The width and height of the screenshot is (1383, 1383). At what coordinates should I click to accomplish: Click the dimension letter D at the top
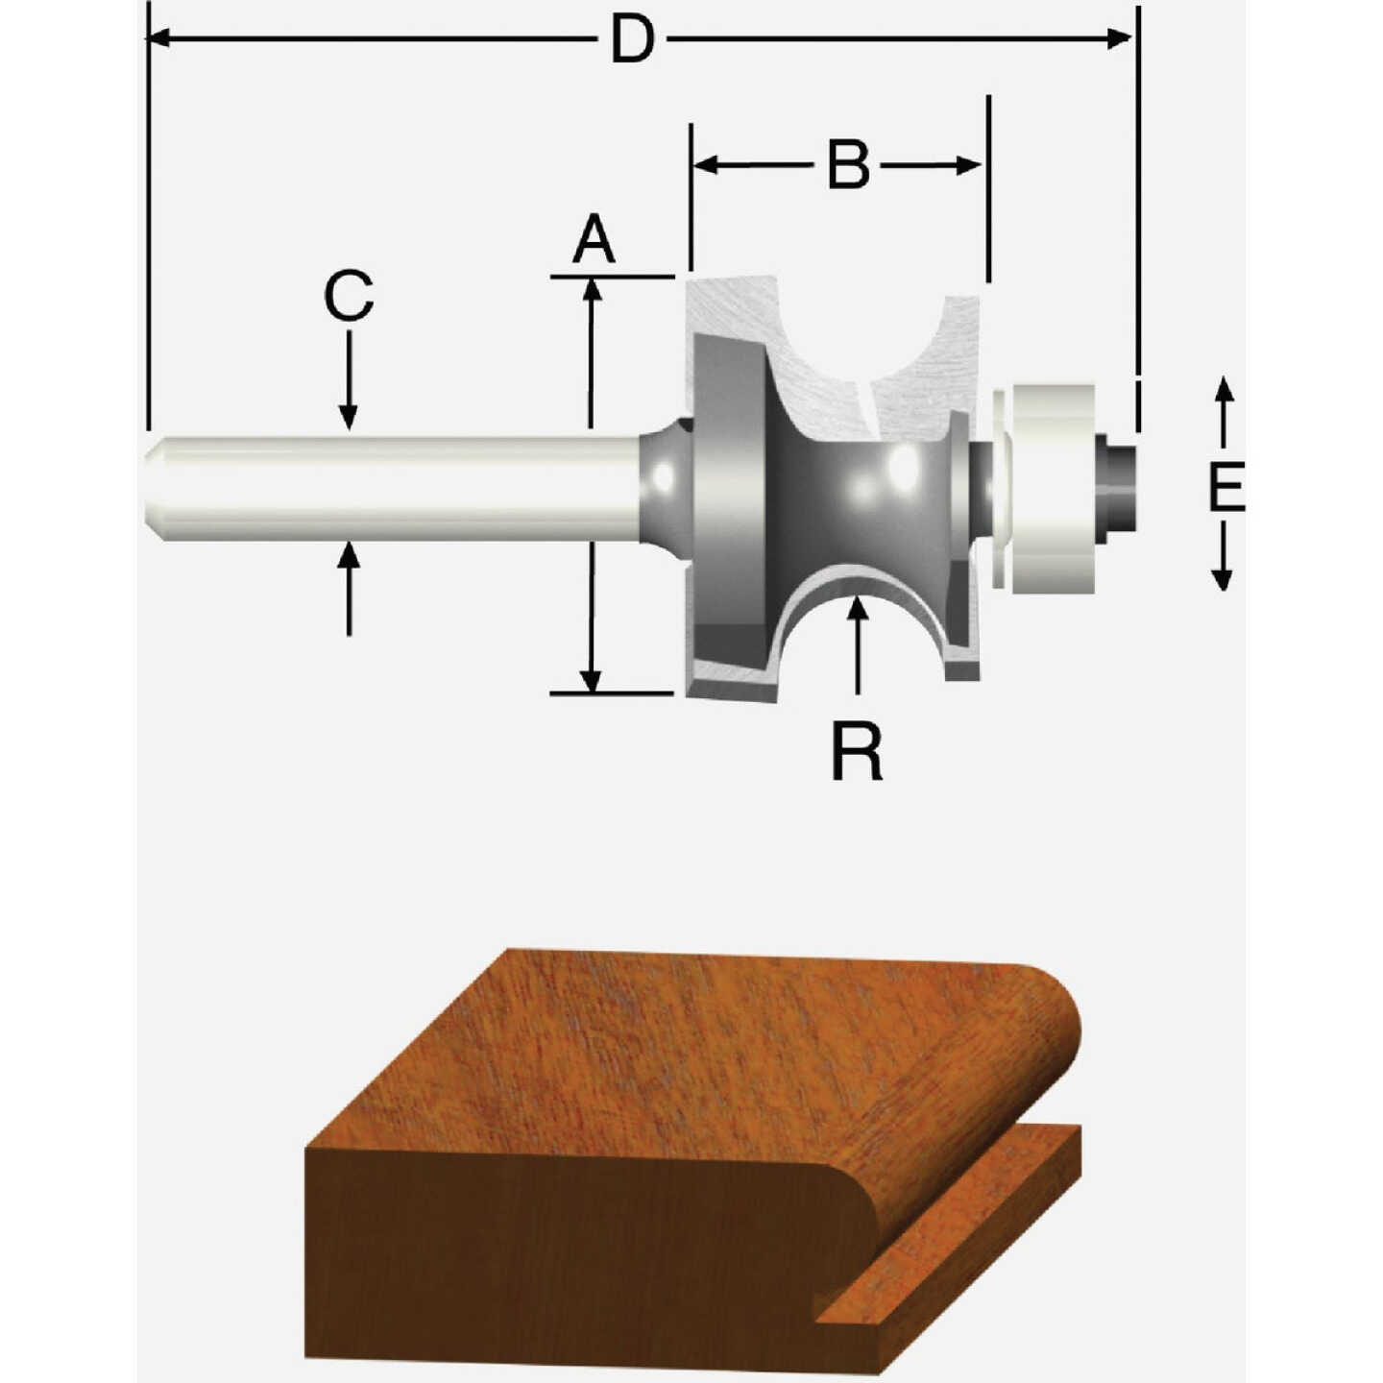coord(633,40)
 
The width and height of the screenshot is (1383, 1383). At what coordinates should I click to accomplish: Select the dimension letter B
coord(849,165)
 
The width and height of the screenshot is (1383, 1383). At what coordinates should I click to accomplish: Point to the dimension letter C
coord(348,296)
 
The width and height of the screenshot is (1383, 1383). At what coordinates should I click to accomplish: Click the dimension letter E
coord(1225,487)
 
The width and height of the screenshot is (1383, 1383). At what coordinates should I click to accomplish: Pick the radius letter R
coord(857,754)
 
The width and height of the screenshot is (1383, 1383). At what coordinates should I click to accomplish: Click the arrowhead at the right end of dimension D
coord(1120,38)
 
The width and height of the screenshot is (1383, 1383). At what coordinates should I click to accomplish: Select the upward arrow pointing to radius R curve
coord(858,609)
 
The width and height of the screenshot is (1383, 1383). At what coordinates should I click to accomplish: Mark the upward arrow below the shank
coord(349,555)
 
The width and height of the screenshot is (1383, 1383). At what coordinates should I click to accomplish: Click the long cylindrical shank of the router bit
coord(394,488)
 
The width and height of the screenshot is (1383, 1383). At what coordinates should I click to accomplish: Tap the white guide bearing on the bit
coord(1054,487)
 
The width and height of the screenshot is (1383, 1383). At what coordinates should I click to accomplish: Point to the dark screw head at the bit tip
coord(1118,486)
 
